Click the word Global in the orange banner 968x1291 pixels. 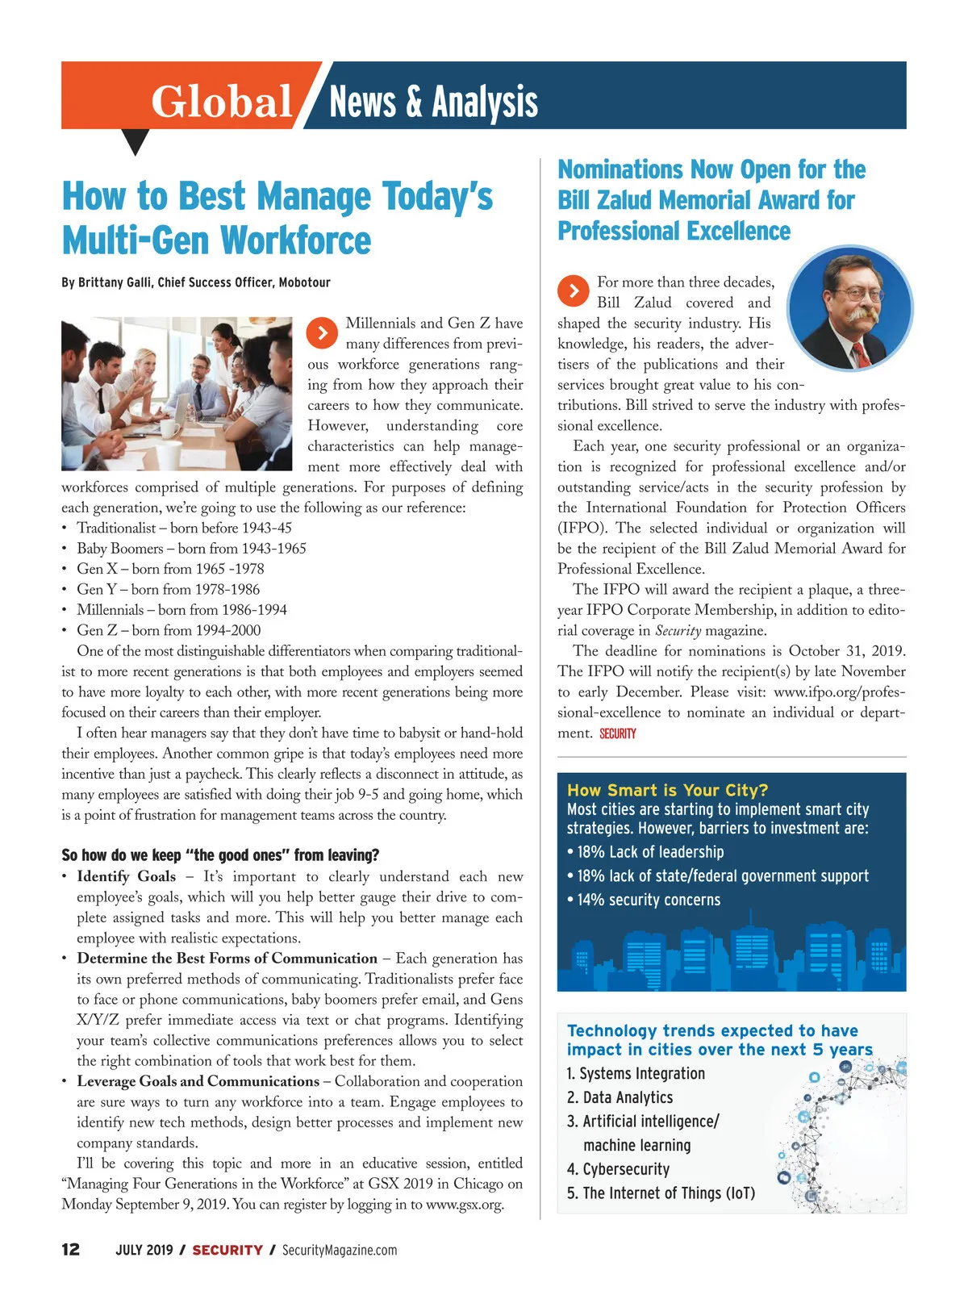click(221, 102)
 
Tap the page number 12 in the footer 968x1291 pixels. click(71, 1250)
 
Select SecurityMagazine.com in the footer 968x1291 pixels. click(339, 1250)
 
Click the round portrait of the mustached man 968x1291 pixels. click(849, 308)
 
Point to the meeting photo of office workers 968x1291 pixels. click(177, 394)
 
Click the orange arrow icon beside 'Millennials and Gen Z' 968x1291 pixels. click(322, 332)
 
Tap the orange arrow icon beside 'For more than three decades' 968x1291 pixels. click(573, 290)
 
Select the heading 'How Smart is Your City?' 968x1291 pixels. click(667, 790)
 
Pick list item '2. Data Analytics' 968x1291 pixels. click(620, 1097)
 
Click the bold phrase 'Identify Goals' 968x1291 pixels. click(127, 876)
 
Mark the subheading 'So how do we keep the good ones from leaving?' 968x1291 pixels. click(220, 855)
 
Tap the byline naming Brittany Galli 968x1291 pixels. click(196, 282)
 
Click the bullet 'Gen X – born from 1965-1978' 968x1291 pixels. click(170, 569)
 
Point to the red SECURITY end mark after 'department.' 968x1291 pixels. click(618, 733)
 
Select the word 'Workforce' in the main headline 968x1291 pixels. click(296, 240)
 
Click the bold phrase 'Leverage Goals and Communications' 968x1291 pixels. click(198, 1081)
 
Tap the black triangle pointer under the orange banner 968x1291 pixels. click(135, 141)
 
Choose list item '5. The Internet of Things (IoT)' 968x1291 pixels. click(661, 1193)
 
